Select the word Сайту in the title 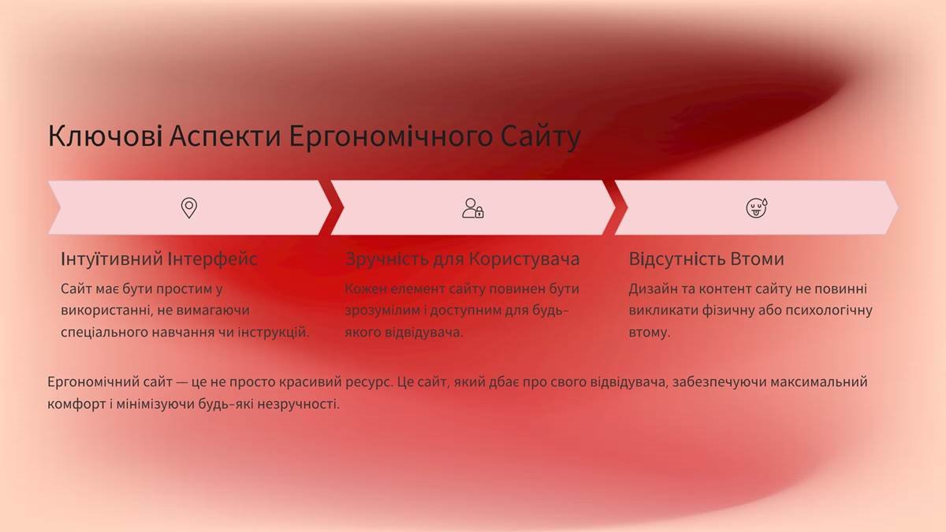(541, 136)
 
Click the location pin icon (189, 208)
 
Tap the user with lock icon (472, 208)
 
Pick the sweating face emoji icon (757, 208)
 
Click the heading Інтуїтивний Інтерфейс (159, 259)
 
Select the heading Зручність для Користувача (462, 259)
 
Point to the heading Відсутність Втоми (706, 259)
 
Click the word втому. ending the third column (649, 333)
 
